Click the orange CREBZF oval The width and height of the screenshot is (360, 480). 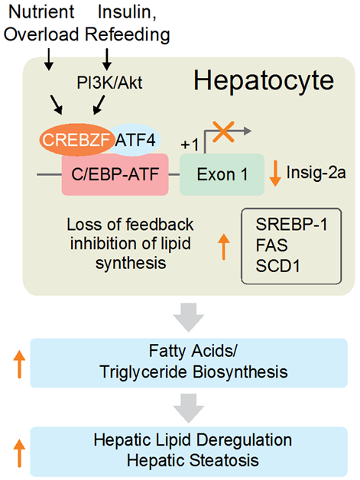(76, 140)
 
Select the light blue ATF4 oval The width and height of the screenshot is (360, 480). (136, 140)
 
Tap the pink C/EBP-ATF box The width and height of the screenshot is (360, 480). (115, 174)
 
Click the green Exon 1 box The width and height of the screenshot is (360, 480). (222, 174)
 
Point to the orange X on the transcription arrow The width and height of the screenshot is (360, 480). (223, 131)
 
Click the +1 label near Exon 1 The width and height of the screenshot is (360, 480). (190, 144)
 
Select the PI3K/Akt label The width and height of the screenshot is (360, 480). (109, 83)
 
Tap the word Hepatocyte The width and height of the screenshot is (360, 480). (264, 81)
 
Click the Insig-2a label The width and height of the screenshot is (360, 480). (316, 173)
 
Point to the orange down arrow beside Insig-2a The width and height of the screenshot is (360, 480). (275, 175)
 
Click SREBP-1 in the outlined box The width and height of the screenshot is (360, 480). (291, 225)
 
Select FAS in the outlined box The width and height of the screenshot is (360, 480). (271, 245)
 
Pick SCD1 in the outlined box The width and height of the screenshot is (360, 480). (277, 266)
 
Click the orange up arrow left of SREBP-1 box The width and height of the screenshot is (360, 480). (224, 247)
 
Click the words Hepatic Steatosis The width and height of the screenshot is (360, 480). (193, 460)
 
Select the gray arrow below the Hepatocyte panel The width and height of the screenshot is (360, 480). (189, 317)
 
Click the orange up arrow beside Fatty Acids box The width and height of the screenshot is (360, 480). (19, 365)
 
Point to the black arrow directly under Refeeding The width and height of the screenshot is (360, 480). (107, 60)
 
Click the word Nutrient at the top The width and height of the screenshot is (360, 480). (41, 11)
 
